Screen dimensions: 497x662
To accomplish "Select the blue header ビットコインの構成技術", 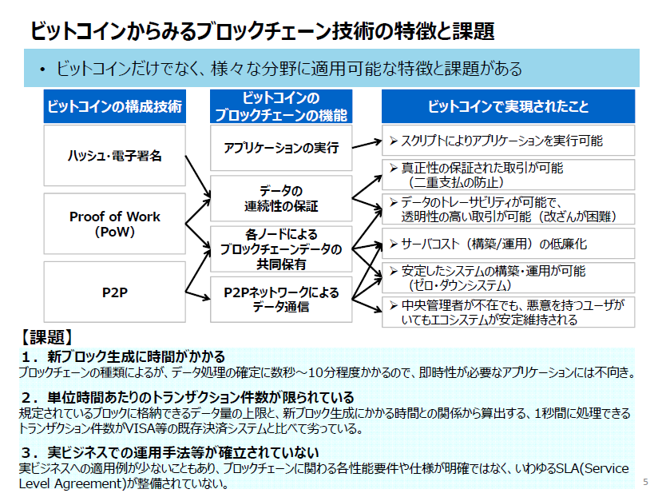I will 114,106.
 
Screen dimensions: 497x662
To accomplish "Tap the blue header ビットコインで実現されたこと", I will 508,106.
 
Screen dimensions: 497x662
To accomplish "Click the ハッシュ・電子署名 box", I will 114,155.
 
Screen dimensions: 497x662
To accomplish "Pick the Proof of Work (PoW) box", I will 114,225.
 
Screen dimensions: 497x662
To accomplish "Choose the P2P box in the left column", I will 114,292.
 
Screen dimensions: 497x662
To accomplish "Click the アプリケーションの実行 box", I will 281,148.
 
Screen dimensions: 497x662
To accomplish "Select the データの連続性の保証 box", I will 281,198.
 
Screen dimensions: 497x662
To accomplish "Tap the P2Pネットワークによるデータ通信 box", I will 281,300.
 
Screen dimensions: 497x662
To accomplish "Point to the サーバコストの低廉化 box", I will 508,244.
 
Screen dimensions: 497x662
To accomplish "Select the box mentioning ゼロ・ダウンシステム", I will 508,277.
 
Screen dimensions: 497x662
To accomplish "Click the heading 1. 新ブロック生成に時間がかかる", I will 124,356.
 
